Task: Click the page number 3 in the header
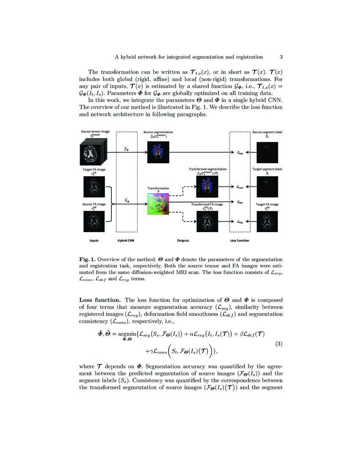(281, 57)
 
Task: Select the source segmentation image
(158, 152)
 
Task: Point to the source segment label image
(267, 153)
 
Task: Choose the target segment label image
(267, 186)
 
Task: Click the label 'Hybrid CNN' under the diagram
(127, 241)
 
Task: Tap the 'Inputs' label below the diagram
(94, 241)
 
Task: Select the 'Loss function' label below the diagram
(239, 241)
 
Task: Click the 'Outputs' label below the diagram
(183, 241)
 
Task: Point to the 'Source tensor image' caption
(95, 132)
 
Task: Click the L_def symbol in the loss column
(240, 202)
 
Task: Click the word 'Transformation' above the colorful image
(158, 188)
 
